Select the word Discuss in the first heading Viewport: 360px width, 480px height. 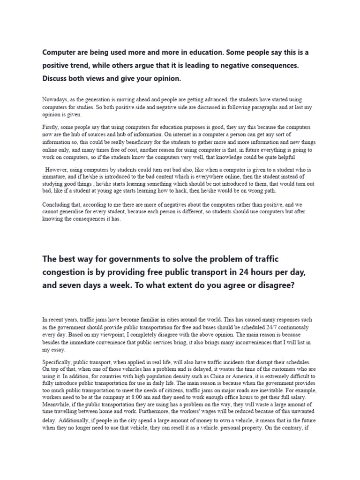(57, 79)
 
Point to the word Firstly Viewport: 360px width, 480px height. (51, 127)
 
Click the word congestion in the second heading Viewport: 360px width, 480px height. (67, 272)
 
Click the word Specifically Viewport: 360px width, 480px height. (58, 362)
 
